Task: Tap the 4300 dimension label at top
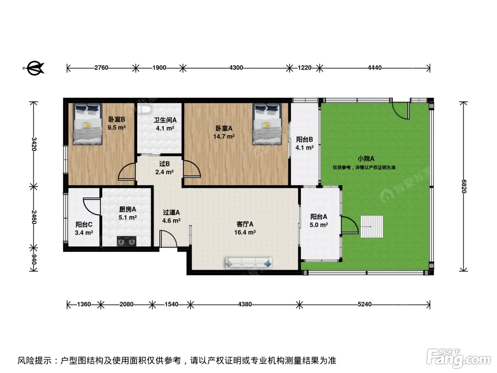(236, 68)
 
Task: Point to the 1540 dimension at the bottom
(171, 304)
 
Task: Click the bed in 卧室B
(87, 124)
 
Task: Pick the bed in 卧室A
(267, 124)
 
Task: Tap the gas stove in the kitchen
(126, 241)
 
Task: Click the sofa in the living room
(248, 263)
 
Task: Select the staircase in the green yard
(372, 227)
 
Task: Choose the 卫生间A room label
(165, 120)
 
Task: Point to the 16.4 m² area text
(245, 232)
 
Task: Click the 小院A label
(366, 158)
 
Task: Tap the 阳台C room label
(84, 225)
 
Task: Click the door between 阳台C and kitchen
(92, 206)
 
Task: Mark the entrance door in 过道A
(168, 239)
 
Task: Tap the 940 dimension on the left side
(33, 259)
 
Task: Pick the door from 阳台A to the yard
(350, 225)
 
